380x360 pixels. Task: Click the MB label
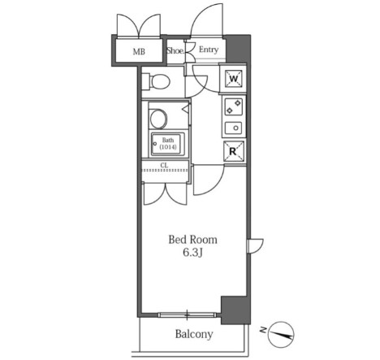(x=139, y=51)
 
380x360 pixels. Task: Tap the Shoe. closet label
(x=175, y=50)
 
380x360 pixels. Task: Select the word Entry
(x=209, y=50)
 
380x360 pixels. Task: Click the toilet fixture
(x=156, y=81)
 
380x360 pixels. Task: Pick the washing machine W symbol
(x=234, y=79)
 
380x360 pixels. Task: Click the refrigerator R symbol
(x=234, y=151)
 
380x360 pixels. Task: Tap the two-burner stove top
(x=234, y=106)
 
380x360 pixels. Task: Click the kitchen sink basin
(x=234, y=128)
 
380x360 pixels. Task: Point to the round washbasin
(x=158, y=119)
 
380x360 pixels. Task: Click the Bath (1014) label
(x=168, y=144)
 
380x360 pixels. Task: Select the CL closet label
(x=164, y=165)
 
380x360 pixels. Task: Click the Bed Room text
(x=192, y=240)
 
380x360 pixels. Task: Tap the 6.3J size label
(x=192, y=253)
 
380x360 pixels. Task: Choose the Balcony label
(x=194, y=334)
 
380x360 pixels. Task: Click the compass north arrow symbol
(x=282, y=335)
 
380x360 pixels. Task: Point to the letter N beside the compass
(x=262, y=330)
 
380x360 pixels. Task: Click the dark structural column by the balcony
(x=235, y=310)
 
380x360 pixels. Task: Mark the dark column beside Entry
(x=238, y=49)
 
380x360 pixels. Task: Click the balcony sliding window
(x=188, y=314)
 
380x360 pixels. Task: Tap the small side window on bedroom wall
(x=248, y=246)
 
